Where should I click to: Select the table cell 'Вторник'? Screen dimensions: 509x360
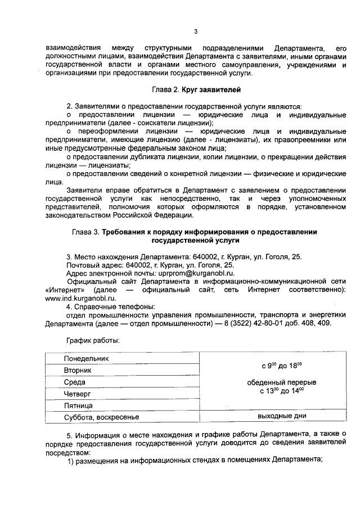point(78,370)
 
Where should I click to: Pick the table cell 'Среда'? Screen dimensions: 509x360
point(74,382)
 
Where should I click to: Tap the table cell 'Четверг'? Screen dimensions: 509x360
point(77,394)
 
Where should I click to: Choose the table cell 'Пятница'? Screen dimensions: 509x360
point(78,406)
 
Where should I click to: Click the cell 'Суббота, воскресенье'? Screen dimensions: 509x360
point(101,417)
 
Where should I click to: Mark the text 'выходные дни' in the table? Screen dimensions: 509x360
point(281,417)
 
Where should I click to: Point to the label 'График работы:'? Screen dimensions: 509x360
point(92,340)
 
